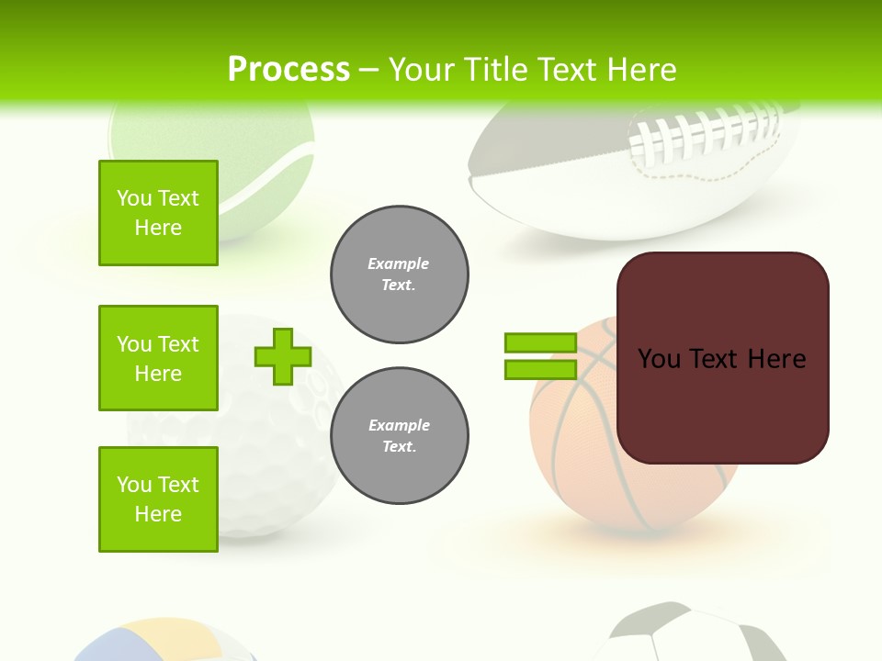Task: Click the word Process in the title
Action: click(288, 70)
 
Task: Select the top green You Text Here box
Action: click(158, 213)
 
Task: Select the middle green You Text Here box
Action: click(158, 358)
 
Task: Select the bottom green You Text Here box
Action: click(158, 499)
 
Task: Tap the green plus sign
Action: click(283, 356)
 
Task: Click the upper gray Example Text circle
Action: click(399, 274)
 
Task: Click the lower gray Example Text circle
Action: click(399, 436)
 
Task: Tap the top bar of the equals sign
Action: click(540, 342)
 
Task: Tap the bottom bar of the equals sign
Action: click(540, 370)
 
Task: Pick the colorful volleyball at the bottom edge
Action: click(165, 643)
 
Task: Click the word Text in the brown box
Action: click(720, 359)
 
